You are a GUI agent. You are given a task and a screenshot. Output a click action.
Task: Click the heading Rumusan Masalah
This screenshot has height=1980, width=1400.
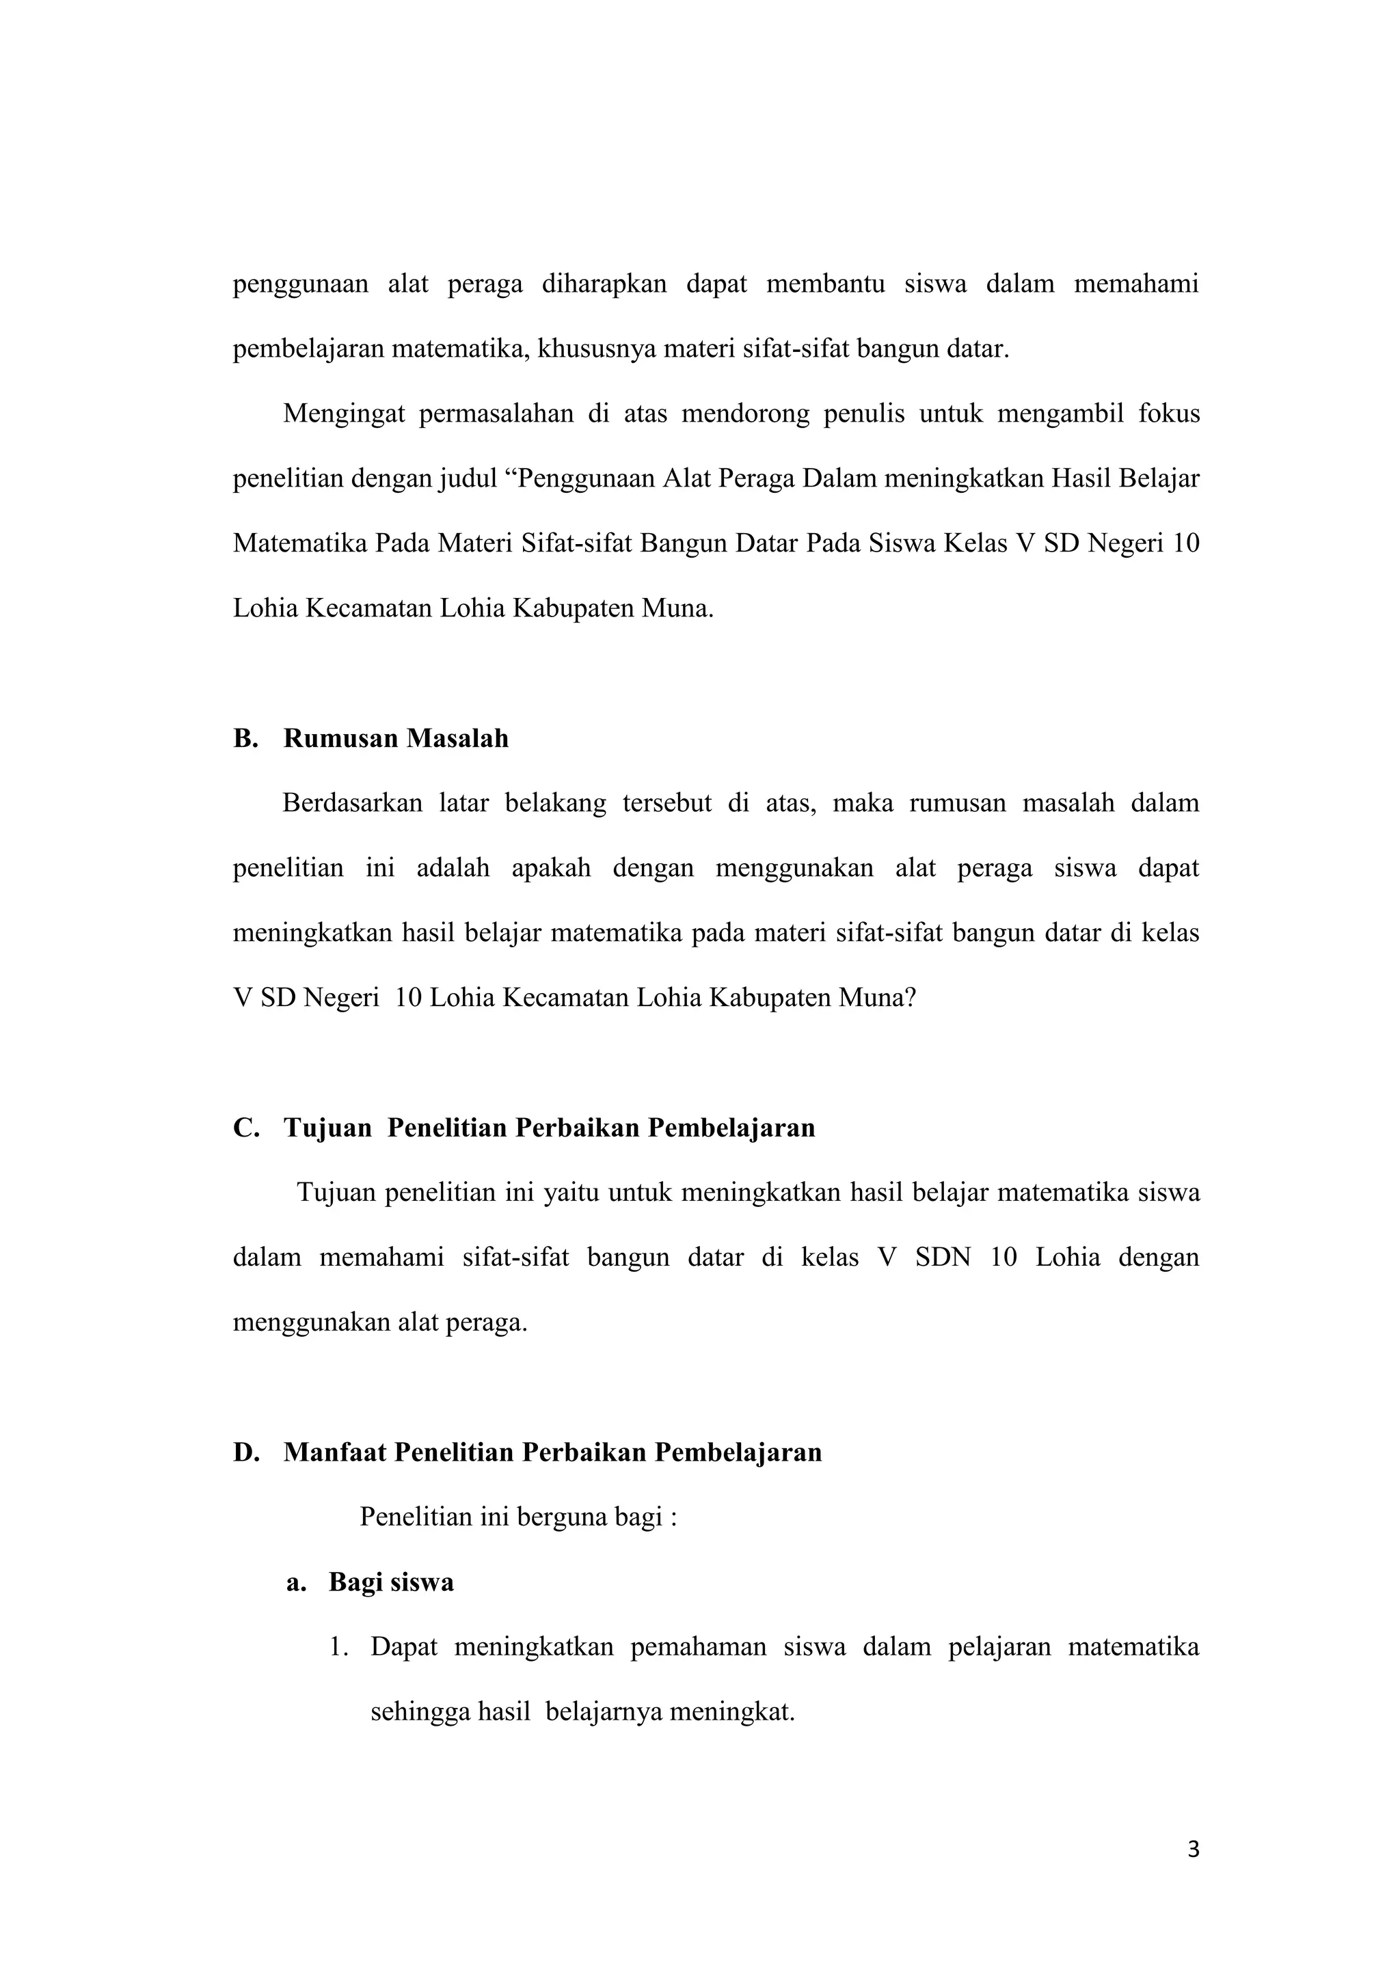tap(396, 738)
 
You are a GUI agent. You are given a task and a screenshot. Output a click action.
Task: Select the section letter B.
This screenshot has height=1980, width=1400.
tap(245, 738)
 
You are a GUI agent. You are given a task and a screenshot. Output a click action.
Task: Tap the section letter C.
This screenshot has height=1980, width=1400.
tap(246, 1127)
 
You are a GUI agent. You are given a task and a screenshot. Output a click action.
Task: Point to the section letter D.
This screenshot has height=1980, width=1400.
tap(246, 1452)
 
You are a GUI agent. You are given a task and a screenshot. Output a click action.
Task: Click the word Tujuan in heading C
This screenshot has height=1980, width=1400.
tap(327, 1127)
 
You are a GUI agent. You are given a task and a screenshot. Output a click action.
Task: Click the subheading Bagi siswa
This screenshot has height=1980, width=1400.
tap(391, 1582)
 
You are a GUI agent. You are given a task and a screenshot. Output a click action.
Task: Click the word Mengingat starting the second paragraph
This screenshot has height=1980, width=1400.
tap(343, 414)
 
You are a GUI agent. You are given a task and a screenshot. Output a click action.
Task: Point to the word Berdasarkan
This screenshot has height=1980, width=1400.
tap(352, 803)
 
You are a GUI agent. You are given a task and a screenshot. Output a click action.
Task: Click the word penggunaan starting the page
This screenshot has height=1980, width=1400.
tap(300, 284)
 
